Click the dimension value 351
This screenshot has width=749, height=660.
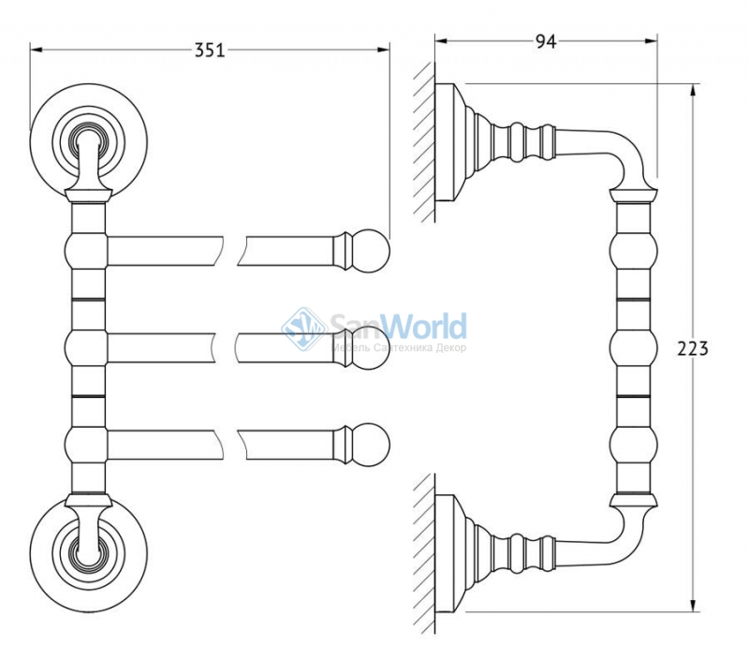click(x=209, y=50)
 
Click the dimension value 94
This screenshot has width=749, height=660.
click(x=546, y=41)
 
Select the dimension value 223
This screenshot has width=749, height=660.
click(x=693, y=349)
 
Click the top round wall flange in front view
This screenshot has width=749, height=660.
click(x=88, y=142)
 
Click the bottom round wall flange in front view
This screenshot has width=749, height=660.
click(x=88, y=554)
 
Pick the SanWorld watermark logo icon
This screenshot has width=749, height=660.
click(x=303, y=329)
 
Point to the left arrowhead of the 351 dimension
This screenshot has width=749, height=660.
click(x=37, y=50)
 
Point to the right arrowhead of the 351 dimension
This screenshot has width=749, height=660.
click(x=384, y=50)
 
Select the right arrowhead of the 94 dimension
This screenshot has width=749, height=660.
click(x=651, y=41)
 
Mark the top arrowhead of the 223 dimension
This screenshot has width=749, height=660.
click(x=692, y=90)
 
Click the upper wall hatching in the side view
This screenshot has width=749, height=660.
click(x=424, y=142)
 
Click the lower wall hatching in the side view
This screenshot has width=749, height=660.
click(x=424, y=554)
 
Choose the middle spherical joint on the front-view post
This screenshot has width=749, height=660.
click(x=86, y=348)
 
